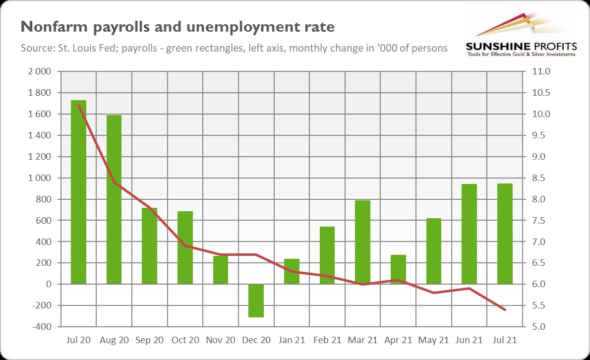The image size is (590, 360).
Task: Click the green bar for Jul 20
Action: point(78,192)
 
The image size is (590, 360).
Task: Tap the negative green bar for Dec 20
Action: point(256,300)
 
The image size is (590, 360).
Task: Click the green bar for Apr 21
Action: point(398,269)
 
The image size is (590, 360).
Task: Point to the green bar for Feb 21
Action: point(327,255)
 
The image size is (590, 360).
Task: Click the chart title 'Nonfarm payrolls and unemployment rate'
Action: point(177,27)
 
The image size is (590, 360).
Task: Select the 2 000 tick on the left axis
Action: point(40,72)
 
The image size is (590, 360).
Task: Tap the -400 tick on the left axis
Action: point(41,327)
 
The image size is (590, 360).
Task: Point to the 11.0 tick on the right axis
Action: point(540,72)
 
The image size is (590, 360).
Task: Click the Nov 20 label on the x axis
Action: point(221,340)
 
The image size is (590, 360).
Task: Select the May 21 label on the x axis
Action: point(433,340)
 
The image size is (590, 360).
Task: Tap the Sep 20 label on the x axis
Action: point(149,340)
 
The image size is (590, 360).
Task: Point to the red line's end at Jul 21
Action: point(505,310)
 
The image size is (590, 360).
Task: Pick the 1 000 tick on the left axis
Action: point(40,178)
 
